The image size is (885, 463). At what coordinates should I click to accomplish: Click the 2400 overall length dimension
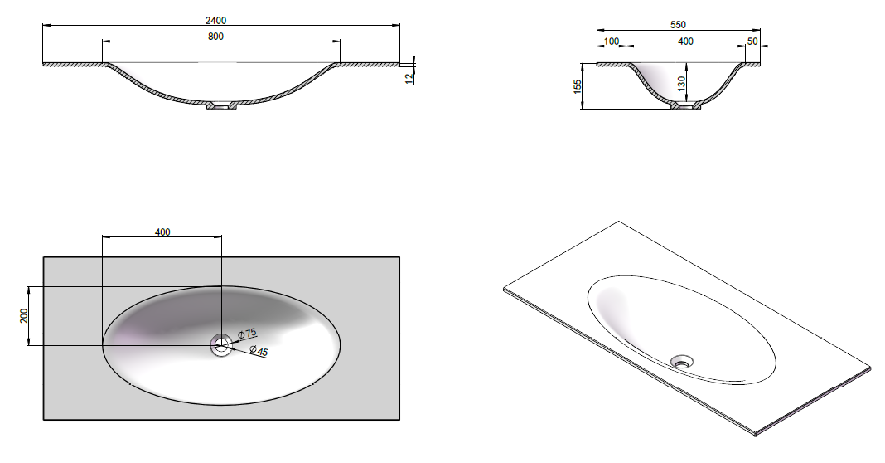tap(215, 21)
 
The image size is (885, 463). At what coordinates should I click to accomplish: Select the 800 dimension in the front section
tap(215, 37)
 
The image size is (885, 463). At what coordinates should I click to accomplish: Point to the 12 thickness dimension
tap(409, 79)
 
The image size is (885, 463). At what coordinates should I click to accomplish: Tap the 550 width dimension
tap(678, 25)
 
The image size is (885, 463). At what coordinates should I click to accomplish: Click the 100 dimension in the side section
tap(612, 41)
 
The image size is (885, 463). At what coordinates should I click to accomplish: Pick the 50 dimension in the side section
tap(752, 41)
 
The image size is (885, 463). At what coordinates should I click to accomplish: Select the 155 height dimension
tap(578, 86)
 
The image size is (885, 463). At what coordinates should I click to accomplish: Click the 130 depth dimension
tap(682, 84)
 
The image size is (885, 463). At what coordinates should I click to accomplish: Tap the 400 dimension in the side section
tap(685, 41)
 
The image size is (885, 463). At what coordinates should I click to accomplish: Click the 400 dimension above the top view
tap(162, 231)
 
